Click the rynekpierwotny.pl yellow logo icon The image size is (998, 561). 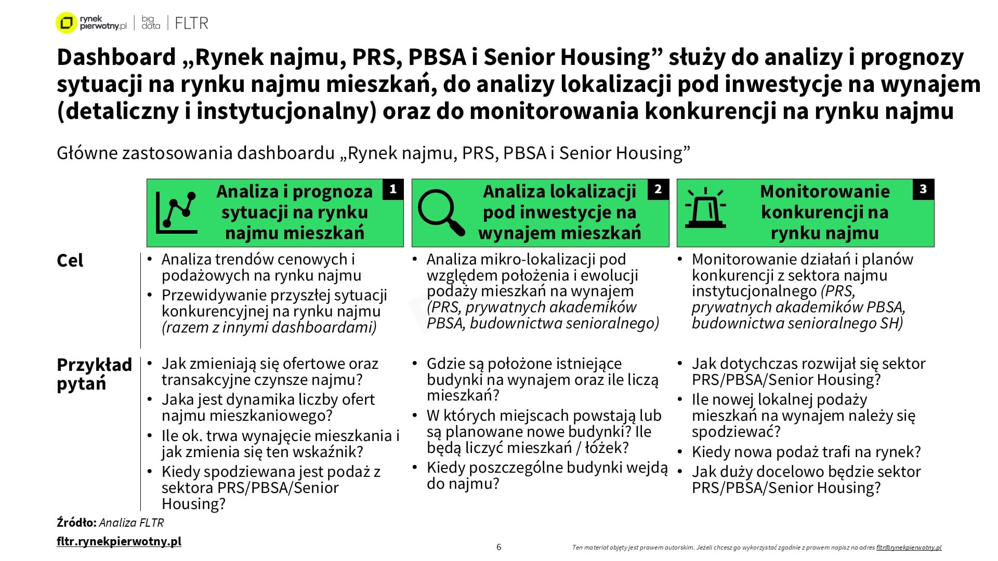click(66, 23)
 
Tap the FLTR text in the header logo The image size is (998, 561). click(191, 23)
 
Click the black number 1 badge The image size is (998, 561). click(393, 190)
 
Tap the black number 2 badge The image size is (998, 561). click(658, 190)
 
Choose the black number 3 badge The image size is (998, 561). click(923, 190)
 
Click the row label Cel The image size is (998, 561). click(70, 260)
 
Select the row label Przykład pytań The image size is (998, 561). click(94, 374)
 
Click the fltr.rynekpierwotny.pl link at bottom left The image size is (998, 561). click(119, 541)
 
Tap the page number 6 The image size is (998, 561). click(499, 547)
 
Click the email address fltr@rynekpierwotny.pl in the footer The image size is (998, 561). click(909, 547)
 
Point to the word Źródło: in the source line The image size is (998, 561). click(76, 523)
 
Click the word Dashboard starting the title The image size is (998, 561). click(116, 57)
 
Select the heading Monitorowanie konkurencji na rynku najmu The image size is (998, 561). click(824, 212)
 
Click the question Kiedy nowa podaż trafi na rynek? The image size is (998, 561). click(806, 452)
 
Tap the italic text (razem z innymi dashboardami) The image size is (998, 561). click(269, 327)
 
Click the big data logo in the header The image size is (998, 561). click(151, 23)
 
